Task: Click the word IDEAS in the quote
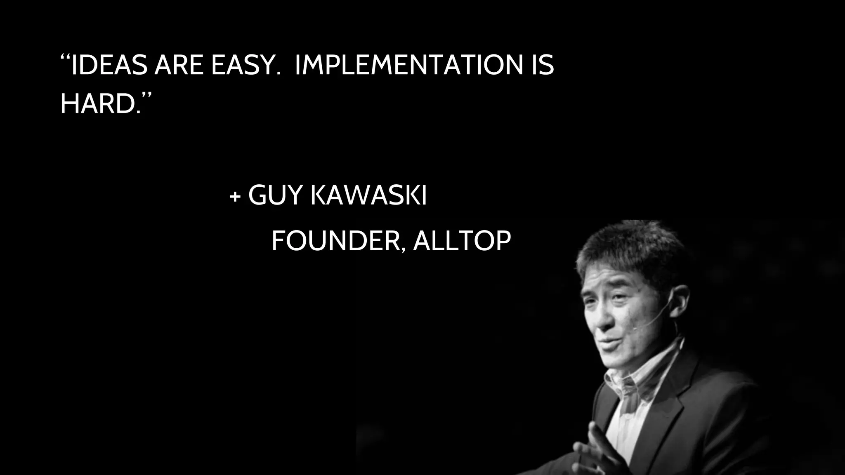(x=109, y=65)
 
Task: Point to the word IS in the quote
(x=541, y=65)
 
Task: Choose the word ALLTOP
(x=462, y=241)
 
